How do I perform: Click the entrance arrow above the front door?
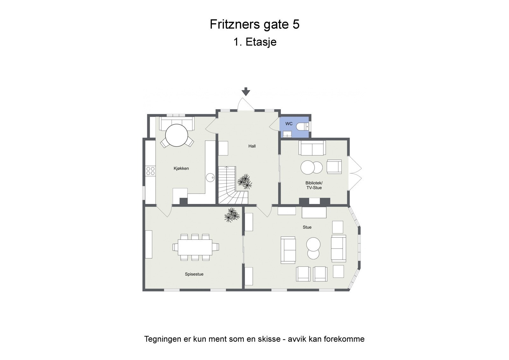click(x=246, y=91)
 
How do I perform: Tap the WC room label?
click(x=289, y=124)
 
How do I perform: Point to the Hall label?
click(x=252, y=146)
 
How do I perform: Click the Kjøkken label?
click(x=181, y=168)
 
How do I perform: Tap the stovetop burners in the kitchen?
click(x=150, y=171)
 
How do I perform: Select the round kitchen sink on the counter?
click(x=210, y=177)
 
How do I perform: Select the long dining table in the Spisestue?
click(x=195, y=247)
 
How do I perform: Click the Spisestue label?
click(x=194, y=274)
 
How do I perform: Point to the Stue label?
click(x=307, y=227)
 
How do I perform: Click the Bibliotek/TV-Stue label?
click(x=314, y=185)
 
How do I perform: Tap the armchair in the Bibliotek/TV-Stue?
click(x=334, y=166)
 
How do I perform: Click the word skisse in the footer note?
click(x=268, y=339)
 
